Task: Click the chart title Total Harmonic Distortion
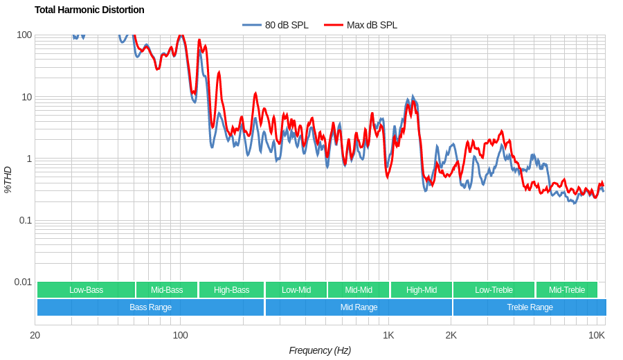[89, 10]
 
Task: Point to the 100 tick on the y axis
[24, 35]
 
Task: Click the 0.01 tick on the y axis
[23, 282]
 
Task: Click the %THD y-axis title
[8, 179]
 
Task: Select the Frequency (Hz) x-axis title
[320, 350]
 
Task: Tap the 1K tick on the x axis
[388, 336]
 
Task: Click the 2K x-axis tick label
[451, 336]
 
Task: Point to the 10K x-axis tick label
[596, 336]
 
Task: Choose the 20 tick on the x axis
[35, 336]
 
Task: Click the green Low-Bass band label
[86, 290]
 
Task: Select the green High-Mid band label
[421, 290]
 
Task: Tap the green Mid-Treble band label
[566, 290]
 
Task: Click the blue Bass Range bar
[150, 307]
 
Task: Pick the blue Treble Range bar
[530, 307]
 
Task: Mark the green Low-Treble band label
[494, 290]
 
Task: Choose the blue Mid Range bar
[359, 307]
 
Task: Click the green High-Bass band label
[231, 290]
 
